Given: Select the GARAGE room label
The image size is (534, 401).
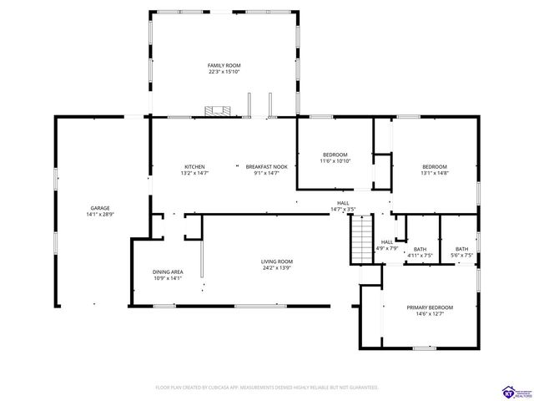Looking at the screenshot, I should click(x=100, y=208).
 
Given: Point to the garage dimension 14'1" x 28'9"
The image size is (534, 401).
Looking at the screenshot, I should click(x=100, y=215).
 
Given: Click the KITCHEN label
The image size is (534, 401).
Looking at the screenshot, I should click(x=194, y=166).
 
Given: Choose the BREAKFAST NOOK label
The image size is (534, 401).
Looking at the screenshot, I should click(x=266, y=166).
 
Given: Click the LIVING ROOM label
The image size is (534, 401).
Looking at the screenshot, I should click(x=277, y=261).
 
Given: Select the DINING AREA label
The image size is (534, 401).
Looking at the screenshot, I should click(x=168, y=272).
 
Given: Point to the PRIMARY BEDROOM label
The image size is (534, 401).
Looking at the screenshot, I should click(x=430, y=307).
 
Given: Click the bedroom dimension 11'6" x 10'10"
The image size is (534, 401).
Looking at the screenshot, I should click(x=335, y=161).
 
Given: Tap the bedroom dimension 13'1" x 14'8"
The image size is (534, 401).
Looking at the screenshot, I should click(x=435, y=173).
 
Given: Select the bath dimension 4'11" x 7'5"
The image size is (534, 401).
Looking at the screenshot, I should click(x=420, y=255).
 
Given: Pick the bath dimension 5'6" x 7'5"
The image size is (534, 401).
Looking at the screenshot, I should click(x=461, y=255).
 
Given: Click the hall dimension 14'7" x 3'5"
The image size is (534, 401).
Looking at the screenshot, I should click(x=343, y=209).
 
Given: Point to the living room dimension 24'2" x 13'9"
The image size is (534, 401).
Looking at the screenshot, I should click(x=277, y=268).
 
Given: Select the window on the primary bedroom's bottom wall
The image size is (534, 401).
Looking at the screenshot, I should click(x=425, y=348).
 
